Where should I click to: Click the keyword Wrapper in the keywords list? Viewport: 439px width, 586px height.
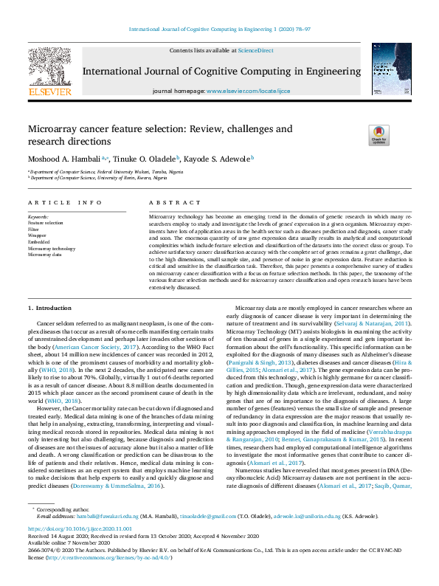pos(38,235)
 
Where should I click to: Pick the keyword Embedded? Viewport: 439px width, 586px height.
pos(39,241)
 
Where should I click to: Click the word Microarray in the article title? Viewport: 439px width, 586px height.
pos(52,128)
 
